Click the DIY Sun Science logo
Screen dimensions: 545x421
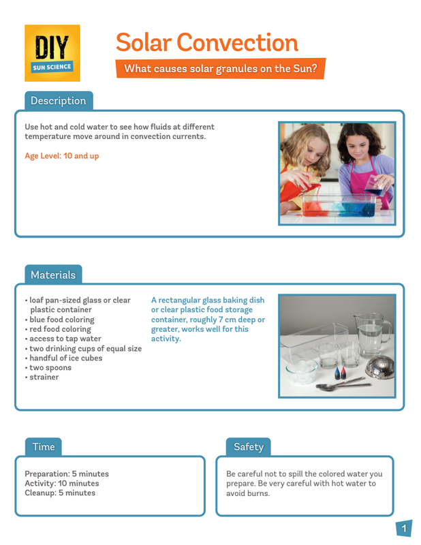coord(52,52)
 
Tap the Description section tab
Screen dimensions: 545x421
coord(59,101)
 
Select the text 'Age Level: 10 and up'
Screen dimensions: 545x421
coord(61,156)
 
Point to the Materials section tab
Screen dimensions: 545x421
coord(53,275)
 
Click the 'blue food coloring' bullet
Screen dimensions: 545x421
coord(61,320)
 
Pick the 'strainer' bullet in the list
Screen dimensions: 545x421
coord(44,377)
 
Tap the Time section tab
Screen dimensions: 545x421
coord(44,447)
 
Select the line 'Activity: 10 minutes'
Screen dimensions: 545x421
coord(62,484)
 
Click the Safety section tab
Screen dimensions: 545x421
coord(248,447)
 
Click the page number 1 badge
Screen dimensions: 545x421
coord(404,529)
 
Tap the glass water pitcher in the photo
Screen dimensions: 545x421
coord(372,337)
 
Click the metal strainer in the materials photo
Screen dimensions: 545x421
coord(379,369)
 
